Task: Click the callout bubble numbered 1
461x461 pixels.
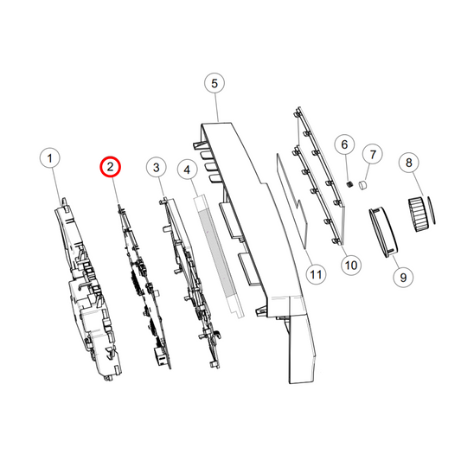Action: tap(50, 158)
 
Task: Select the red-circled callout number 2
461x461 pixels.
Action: tap(110, 167)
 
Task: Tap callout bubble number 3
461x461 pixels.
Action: tap(157, 168)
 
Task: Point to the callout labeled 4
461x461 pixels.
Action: tap(188, 170)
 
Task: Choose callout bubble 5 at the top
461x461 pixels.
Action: tap(214, 83)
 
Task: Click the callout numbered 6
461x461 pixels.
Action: tap(344, 144)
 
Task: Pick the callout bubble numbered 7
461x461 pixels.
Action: tap(373, 154)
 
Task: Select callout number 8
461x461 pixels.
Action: tap(409, 163)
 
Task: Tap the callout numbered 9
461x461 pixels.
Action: tap(403, 277)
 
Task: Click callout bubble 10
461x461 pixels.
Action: tap(351, 266)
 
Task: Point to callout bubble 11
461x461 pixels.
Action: tap(316, 274)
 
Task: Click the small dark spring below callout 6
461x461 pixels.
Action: tap(349, 184)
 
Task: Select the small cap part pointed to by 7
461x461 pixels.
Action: tap(363, 185)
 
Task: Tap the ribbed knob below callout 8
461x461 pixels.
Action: tap(417, 214)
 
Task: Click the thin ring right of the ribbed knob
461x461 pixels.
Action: tap(432, 210)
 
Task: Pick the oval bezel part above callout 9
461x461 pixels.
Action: tap(384, 232)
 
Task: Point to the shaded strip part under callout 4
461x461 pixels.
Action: tap(219, 255)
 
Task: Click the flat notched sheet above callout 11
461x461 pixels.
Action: tap(293, 202)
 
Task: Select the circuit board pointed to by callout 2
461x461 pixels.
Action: tap(144, 286)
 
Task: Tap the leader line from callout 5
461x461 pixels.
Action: tap(217, 107)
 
